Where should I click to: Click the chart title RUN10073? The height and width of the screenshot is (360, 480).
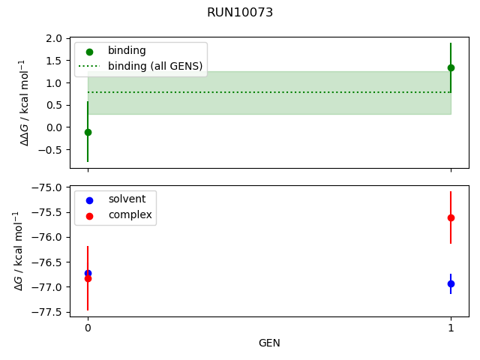(240, 13)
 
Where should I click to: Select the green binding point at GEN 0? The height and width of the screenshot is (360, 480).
(88, 132)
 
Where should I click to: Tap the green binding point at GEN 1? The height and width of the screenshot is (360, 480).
(451, 67)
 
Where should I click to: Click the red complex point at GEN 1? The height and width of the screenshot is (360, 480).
(451, 217)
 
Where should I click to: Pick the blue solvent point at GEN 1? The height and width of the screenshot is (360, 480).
(451, 283)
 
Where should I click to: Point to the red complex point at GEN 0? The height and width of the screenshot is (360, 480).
(88, 278)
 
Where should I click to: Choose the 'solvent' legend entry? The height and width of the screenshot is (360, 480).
(132, 199)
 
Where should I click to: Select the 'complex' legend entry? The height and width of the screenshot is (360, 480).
(130, 215)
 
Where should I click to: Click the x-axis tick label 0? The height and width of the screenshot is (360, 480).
(88, 328)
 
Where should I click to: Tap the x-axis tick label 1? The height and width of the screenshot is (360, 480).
(451, 328)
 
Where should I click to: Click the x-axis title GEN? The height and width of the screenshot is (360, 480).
(269, 343)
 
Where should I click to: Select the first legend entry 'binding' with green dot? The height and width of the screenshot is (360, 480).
(127, 50)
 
